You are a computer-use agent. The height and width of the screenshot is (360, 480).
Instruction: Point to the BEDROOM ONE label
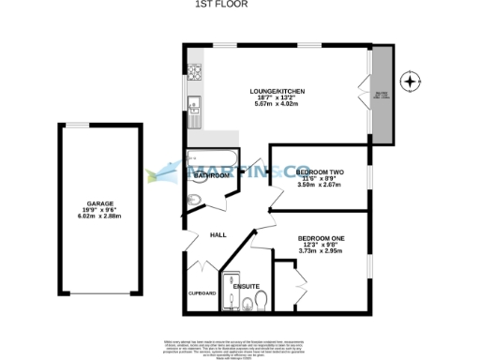321,238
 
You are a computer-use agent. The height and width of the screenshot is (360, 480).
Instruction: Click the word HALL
217,234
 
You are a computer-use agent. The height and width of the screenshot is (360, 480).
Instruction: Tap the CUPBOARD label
203,293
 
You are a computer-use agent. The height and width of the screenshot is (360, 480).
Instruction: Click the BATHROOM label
212,175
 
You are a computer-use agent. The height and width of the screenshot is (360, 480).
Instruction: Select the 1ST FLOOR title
240,5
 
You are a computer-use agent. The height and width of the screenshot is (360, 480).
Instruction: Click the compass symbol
410,82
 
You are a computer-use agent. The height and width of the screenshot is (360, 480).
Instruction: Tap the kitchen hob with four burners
195,70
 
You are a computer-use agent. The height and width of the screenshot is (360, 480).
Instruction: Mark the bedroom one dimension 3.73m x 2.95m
321,251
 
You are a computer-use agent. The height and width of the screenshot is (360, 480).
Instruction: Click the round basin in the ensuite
247,301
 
